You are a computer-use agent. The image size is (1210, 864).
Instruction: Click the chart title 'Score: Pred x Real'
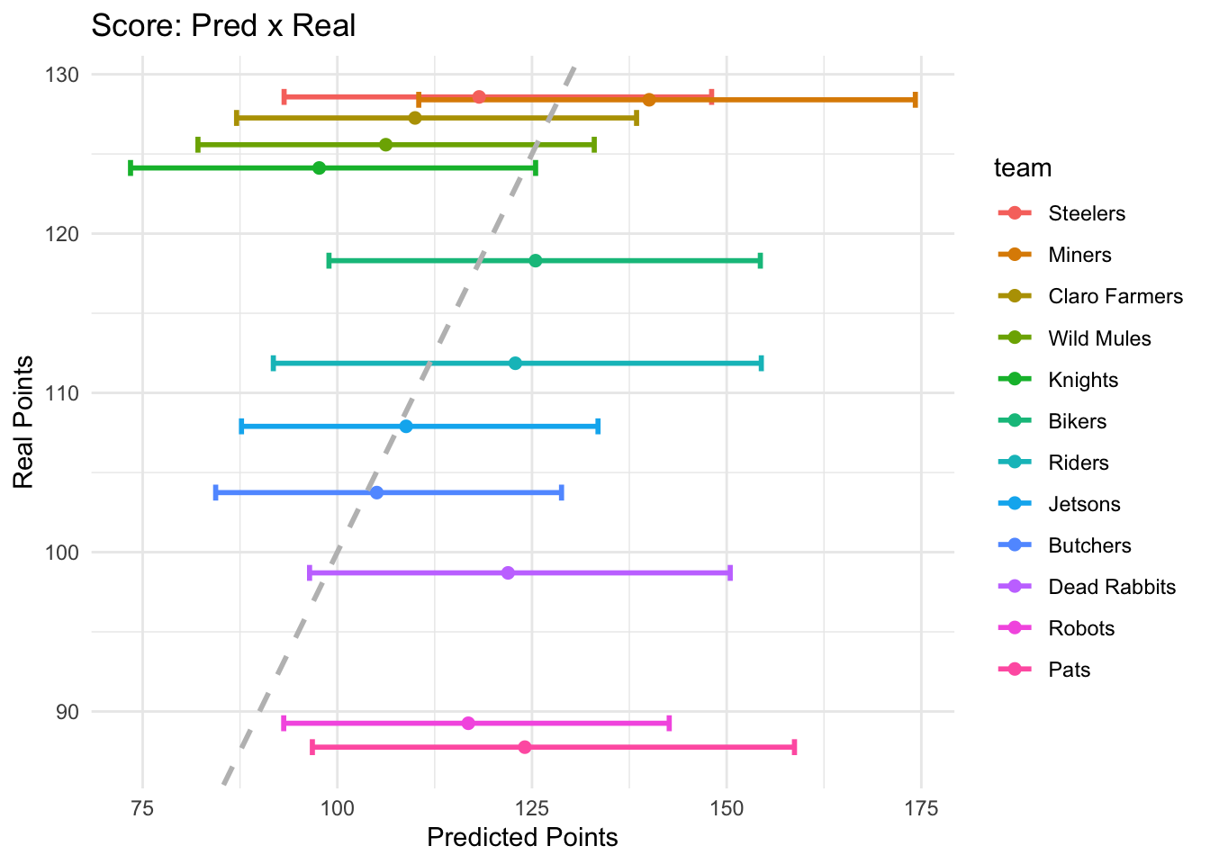[223, 25]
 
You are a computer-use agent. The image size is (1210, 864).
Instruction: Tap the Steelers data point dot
[479, 97]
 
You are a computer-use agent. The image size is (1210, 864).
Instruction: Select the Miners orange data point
[649, 100]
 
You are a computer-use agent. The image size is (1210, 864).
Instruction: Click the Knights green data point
[319, 168]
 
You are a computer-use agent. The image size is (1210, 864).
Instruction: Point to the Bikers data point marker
[536, 261]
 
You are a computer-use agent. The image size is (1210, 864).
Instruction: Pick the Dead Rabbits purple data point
[508, 573]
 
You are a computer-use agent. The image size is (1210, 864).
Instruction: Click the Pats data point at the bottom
[525, 748]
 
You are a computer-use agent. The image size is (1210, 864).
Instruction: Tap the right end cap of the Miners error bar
[916, 100]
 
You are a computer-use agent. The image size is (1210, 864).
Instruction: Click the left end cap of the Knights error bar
[131, 168]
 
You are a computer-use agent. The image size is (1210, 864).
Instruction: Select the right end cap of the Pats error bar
[795, 748]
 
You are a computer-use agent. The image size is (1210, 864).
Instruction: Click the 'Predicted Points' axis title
[522, 838]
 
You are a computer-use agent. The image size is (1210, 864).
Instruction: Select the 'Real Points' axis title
[24, 422]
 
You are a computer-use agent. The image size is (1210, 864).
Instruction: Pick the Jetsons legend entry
[1084, 504]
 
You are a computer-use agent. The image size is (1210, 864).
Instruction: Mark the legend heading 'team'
[1023, 168]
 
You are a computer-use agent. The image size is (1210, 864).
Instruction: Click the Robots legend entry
[1081, 628]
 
